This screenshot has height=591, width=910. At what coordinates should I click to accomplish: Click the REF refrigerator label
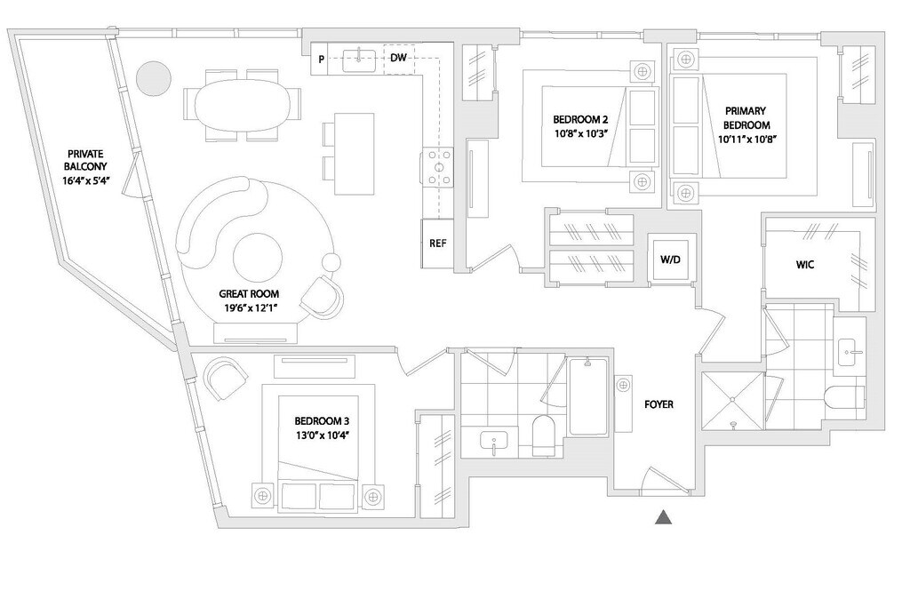(x=437, y=243)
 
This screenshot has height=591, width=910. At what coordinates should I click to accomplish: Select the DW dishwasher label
(x=399, y=59)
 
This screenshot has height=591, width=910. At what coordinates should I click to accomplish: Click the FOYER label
(x=659, y=404)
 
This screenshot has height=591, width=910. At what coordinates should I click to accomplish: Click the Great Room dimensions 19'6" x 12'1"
(x=249, y=307)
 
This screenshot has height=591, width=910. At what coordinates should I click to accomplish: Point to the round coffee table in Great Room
(x=258, y=256)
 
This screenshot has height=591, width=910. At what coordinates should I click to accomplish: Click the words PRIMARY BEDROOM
(x=745, y=117)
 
